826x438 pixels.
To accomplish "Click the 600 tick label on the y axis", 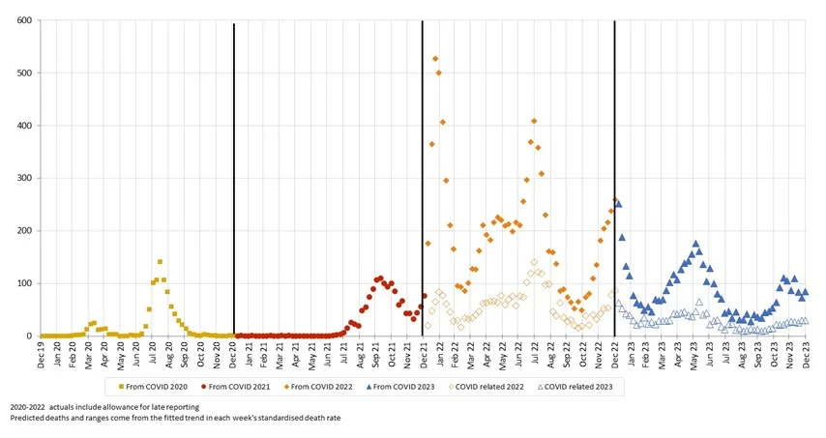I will (x=23, y=20).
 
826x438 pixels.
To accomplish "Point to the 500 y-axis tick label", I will (x=23, y=73).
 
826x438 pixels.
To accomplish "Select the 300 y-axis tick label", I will (x=23, y=179).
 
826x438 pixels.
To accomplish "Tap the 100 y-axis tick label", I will (x=23, y=284).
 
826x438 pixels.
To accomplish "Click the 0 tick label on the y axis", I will (x=29, y=336).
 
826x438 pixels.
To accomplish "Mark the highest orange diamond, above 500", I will (x=435, y=59).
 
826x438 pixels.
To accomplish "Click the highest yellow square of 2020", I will (x=160, y=262).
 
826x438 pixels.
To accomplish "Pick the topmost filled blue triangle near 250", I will (x=618, y=204).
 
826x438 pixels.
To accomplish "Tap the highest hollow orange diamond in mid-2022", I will (x=534, y=262).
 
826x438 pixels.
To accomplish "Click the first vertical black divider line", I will (x=234, y=174).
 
